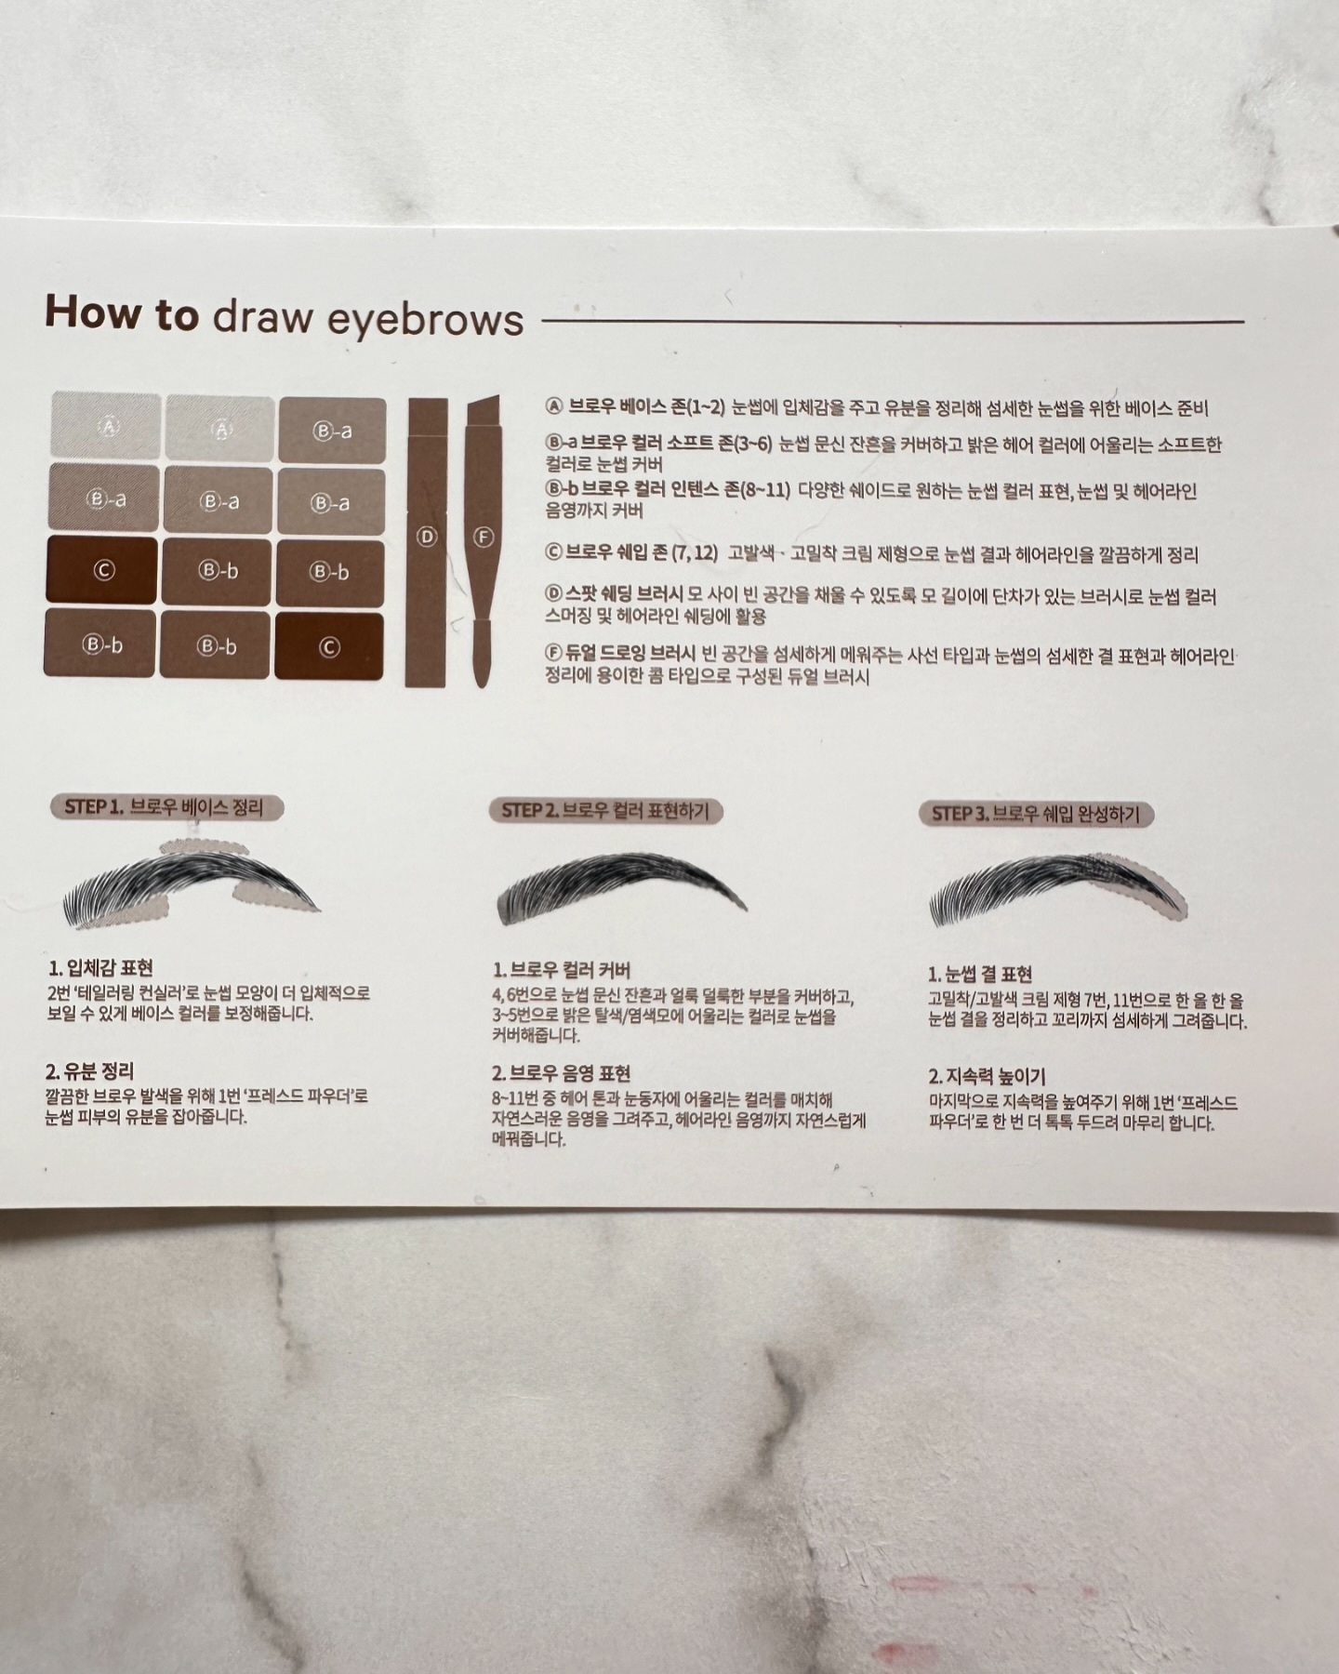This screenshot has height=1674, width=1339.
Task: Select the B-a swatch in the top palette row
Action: pos(332,430)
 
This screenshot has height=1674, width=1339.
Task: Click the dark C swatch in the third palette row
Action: pos(101,569)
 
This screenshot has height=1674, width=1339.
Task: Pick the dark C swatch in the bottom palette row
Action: pos(329,647)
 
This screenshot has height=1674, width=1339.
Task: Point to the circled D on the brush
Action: pos(427,537)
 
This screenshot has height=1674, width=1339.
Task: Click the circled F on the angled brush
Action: pos(483,537)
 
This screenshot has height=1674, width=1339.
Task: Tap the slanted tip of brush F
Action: pos(485,406)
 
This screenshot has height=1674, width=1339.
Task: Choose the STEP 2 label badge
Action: pos(605,810)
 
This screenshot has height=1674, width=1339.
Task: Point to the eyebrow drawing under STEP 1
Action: pos(191,883)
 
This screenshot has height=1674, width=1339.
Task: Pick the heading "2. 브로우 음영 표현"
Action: pos(562,1073)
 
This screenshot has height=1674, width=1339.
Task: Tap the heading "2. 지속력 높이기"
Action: pos(987,1077)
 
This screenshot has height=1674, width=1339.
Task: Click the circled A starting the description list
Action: pos(554,406)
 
